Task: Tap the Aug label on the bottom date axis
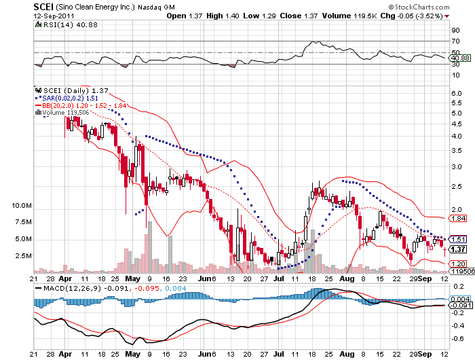345,278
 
